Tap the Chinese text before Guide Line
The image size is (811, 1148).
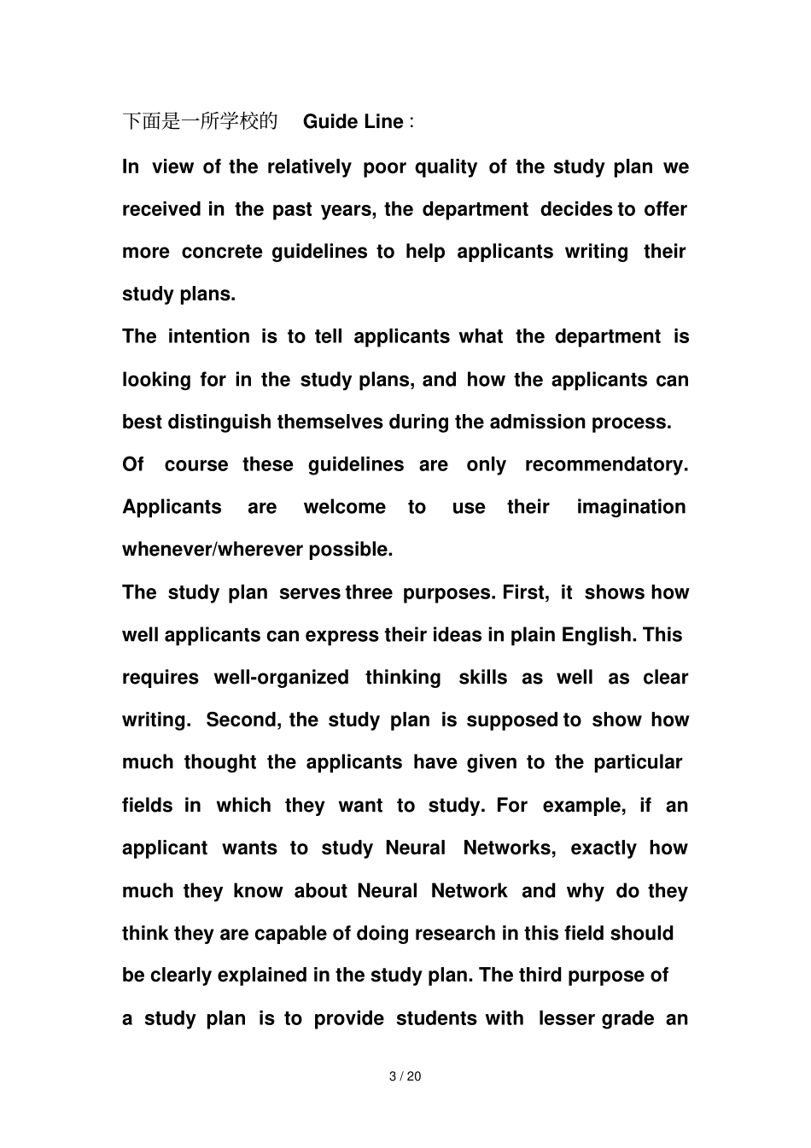(x=200, y=122)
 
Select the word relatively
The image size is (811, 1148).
(x=309, y=167)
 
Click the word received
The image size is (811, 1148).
(x=161, y=210)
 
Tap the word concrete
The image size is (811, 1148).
(x=222, y=252)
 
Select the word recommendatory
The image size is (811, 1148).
(x=606, y=465)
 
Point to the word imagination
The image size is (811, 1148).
(x=631, y=508)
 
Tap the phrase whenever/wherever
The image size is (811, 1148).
(x=213, y=551)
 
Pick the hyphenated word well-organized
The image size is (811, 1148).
(x=281, y=679)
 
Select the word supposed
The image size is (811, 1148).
(x=512, y=721)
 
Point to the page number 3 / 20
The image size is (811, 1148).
(x=405, y=1077)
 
